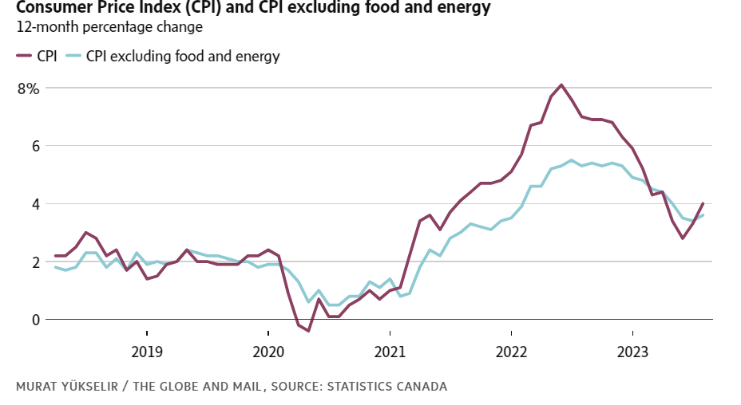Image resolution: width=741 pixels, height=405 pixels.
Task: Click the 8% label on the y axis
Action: coord(28,88)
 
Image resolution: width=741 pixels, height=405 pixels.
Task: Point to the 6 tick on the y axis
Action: coord(34,146)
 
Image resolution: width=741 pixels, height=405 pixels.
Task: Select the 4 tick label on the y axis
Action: coord(34,204)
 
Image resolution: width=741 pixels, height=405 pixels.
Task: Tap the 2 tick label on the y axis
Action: coord(34,261)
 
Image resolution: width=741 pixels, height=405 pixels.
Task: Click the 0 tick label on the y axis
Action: coord(34,320)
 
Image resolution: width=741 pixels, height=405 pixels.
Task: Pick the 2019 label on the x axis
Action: coord(147,352)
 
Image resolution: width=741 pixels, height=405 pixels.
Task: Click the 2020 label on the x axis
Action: coord(268,352)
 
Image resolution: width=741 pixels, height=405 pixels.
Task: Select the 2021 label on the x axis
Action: coord(390,352)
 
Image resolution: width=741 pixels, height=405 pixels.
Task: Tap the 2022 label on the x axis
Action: coord(511,352)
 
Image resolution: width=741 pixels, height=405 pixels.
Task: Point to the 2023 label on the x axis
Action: coord(632,352)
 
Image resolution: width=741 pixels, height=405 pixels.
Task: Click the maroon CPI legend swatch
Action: coord(23,57)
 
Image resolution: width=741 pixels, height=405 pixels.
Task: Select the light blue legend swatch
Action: coord(73,57)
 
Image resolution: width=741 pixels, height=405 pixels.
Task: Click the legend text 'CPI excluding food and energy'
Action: coord(183,57)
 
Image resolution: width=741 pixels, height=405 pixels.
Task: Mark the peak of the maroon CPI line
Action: coord(561,85)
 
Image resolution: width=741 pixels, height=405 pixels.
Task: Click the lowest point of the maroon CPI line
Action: coord(308,331)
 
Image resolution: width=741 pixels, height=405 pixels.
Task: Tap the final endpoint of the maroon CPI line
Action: coord(703,203)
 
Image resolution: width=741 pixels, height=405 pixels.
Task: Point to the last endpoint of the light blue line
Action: coord(703,215)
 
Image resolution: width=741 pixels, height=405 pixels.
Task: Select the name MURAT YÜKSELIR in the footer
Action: coord(66,387)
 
